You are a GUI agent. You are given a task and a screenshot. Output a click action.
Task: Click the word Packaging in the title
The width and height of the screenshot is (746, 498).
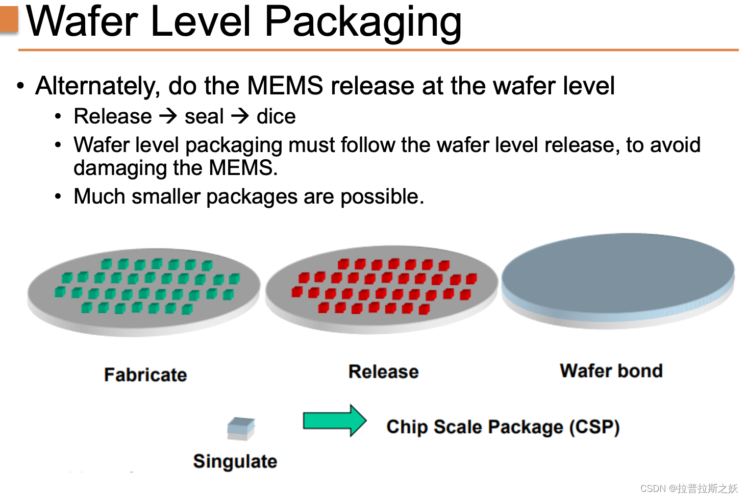(363, 22)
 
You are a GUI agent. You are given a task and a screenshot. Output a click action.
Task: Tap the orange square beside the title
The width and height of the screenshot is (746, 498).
(9, 19)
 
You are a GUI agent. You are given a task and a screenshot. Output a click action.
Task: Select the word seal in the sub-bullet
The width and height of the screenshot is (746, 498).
(204, 117)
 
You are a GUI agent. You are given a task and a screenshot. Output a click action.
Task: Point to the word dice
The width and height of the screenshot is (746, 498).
(276, 117)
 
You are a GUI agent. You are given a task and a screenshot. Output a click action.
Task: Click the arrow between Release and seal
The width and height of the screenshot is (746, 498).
(168, 116)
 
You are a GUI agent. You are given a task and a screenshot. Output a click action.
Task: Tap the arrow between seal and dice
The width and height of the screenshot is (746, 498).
(240, 116)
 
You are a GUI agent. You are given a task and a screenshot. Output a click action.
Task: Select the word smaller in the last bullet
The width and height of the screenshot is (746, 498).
(165, 196)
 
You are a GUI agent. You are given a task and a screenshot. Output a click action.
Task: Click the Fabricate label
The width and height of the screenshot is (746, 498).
(145, 375)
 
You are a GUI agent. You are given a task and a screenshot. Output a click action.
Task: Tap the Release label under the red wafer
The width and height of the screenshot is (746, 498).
(383, 372)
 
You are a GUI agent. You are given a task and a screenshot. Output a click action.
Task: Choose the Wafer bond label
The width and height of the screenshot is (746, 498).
(611, 371)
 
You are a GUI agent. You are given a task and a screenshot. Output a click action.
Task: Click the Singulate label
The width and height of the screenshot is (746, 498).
(235, 461)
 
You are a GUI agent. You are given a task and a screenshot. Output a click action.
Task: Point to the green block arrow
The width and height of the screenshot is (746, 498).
(334, 421)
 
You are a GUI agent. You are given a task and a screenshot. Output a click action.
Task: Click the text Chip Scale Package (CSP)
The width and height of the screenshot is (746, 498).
(503, 427)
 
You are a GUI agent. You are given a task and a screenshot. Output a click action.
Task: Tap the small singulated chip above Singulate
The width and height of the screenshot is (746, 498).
(241, 429)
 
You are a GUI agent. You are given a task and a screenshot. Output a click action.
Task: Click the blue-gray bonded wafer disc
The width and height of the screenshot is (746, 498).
(617, 276)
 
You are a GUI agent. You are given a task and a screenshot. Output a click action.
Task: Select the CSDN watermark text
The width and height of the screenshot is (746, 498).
(689, 488)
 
